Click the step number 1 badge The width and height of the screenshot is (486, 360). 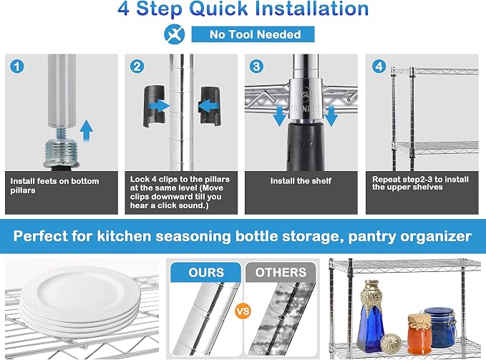click(17, 67)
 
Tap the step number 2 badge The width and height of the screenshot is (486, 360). click(137, 67)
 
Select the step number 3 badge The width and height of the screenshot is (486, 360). click(256, 67)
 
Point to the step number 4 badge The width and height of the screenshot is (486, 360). click(379, 67)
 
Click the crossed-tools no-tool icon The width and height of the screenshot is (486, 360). click(175, 34)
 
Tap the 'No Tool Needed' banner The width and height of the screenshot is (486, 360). click(253, 34)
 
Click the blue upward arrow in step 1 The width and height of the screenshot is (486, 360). click(86, 131)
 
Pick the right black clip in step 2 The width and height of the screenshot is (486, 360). click(210, 106)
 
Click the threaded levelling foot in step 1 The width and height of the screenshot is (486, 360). click(61, 149)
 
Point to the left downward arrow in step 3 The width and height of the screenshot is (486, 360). click(280, 115)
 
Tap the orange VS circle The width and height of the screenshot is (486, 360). click(243, 311)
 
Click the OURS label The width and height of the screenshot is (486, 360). click(206, 272)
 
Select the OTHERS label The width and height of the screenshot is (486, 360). click(281, 272)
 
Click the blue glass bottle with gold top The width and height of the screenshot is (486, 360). click(370, 316)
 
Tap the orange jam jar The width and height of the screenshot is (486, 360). click(419, 334)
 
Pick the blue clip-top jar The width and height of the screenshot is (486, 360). click(441, 327)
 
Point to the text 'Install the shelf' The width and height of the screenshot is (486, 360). click(301, 180)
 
